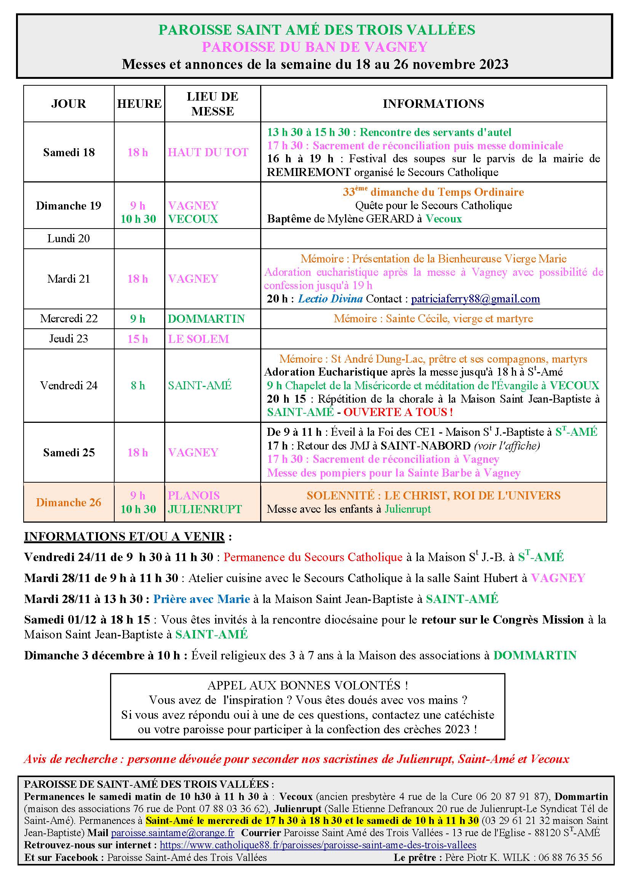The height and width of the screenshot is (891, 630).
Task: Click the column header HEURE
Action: (x=139, y=104)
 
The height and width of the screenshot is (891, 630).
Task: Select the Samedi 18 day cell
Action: (x=69, y=152)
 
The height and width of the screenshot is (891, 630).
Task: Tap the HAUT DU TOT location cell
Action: (x=208, y=152)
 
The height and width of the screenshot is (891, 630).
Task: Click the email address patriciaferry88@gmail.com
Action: (x=475, y=299)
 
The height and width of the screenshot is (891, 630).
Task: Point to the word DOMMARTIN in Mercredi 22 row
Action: (x=206, y=318)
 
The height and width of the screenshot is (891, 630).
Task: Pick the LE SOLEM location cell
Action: (x=198, y=339)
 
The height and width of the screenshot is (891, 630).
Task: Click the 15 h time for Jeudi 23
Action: (x=138, y=339)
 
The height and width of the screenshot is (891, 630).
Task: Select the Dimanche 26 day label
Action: (x=69, y=502)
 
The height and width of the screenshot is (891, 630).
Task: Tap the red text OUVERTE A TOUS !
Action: (x=398, y=412)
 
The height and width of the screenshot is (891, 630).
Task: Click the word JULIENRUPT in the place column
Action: (x=205, y=509)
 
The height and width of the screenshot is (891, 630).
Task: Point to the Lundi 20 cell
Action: (x=69, y=238)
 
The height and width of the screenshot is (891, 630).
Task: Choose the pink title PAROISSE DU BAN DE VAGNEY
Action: (x=315, y=47)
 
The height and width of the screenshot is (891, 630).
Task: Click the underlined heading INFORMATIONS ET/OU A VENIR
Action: (x=125, y=536)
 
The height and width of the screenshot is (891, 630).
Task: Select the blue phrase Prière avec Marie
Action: (x=201, y=599)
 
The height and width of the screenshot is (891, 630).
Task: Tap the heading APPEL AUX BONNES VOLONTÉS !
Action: (x=308, y=685)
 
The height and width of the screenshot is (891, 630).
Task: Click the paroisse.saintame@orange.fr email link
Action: (x=173, y=833)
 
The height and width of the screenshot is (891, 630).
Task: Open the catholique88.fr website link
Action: (x=318, y=845)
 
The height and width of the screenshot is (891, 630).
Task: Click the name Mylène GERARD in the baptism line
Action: (x=371, y=219)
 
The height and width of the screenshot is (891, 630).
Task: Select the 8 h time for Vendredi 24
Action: (x=138, y=386)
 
